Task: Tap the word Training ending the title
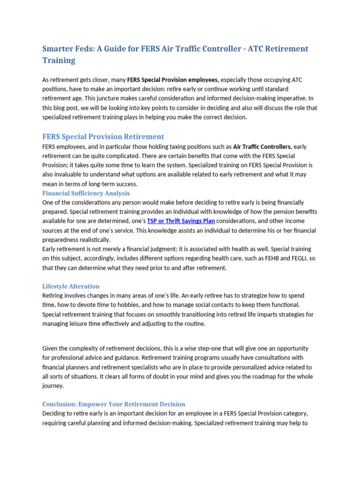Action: point(59,60)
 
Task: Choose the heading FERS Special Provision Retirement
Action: point(103,136)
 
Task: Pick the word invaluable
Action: point(67,174)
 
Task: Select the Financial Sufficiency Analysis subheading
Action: point(86,193)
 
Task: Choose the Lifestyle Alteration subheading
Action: point(71,286)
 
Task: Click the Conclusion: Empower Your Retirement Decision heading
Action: point(114,404)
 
